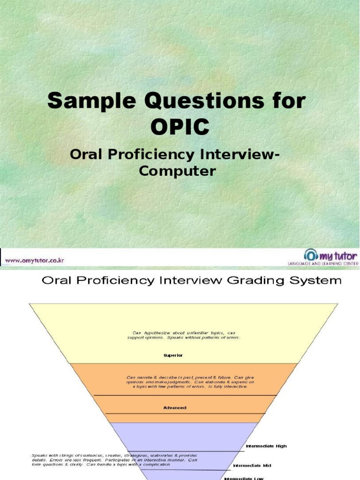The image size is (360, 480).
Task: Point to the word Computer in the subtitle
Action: (178, 171)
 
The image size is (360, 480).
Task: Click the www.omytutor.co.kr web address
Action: (35, 260)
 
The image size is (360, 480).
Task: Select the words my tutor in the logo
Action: (338, 255)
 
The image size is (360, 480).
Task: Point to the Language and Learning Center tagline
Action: (322, 264)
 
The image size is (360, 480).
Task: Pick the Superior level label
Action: (173, 355)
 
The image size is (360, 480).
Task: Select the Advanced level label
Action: (174, 408)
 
